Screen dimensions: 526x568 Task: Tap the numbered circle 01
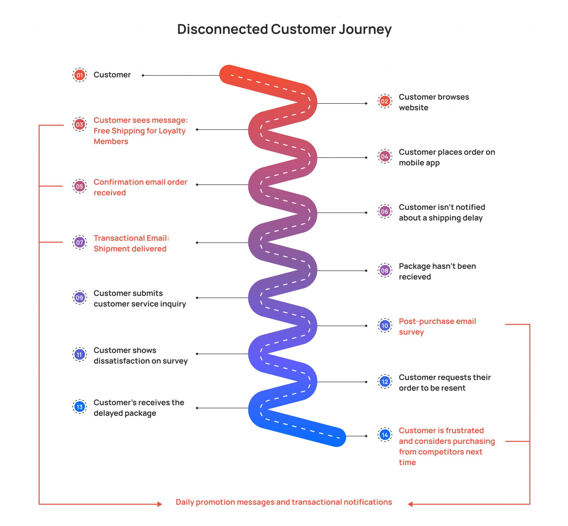80,75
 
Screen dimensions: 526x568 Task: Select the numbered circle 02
385,101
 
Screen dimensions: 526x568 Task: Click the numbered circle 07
80,243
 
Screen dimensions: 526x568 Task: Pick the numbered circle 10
385,325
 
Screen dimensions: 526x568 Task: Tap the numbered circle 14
385,435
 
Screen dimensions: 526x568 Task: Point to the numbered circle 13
80,407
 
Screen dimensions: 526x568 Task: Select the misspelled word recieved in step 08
414,277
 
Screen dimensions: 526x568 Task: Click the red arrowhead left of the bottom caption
160,504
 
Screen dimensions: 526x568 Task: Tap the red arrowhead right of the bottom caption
410,504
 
